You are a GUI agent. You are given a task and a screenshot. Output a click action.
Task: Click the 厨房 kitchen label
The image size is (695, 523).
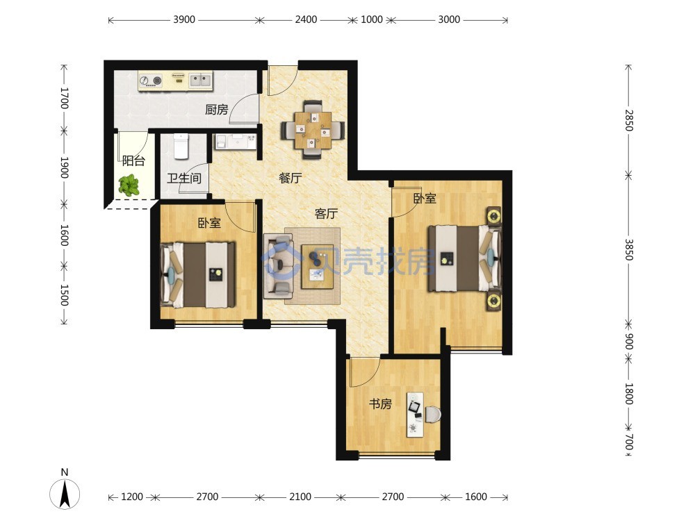click(x=217, y=109)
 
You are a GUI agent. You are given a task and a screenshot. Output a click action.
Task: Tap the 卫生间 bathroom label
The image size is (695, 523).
click(x=184, y=178)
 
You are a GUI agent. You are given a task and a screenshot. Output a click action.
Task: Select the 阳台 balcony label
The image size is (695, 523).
click(x=133, y=160)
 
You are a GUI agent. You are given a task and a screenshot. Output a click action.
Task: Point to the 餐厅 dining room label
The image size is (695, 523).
click(x=291, y=178)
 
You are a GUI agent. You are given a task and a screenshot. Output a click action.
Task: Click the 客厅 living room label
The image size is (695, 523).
click(x=326, y=213)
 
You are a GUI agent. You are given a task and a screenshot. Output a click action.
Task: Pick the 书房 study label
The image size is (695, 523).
click(x=381, y=404)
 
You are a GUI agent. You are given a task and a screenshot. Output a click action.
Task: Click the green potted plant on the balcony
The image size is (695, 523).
click(x=129, y=185)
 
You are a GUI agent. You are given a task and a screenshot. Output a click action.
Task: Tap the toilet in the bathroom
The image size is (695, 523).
click(x=181, y=146)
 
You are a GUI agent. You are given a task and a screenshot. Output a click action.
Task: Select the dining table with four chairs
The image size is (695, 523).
click(x=313, y=129)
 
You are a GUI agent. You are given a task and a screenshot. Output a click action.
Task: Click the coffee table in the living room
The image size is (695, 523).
click(x=318, y=267)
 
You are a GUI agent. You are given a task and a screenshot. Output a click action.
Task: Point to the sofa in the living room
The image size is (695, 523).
click(x=279, y=265)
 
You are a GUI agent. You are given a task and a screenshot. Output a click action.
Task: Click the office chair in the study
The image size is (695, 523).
click(x=432, y=415)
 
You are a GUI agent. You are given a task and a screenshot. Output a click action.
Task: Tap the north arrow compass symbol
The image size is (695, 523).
click(x=65, y=492)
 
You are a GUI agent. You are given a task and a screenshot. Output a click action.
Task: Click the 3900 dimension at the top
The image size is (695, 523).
click(x=184, y=19)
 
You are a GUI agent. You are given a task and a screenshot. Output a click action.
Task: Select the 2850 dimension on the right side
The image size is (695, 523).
click(x=628, y=120)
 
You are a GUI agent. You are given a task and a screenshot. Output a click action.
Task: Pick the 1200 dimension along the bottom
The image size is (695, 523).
click(x=132, y=497)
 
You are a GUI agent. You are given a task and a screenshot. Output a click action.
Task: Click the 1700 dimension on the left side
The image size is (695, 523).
click(x=64, y=98)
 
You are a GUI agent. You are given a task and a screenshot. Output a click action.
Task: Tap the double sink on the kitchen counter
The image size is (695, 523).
click(x=200, y=80)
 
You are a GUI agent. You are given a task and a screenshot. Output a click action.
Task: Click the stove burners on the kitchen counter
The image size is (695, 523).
click(x=151, y=81)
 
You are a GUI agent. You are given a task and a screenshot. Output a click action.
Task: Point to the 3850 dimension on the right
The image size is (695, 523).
click(x=628, y=250)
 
